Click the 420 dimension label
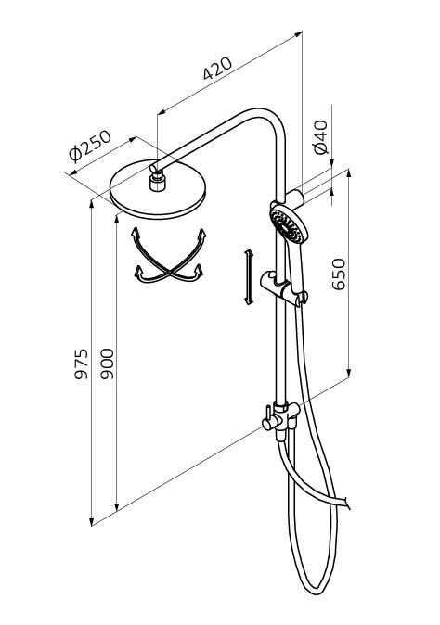coord(217,69)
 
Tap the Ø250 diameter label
coord(89,146)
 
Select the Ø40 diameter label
coord(321,137)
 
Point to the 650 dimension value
coord(339,274)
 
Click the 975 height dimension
coord(82,364)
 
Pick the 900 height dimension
coord(107,364)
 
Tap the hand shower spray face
coord(286,226)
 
